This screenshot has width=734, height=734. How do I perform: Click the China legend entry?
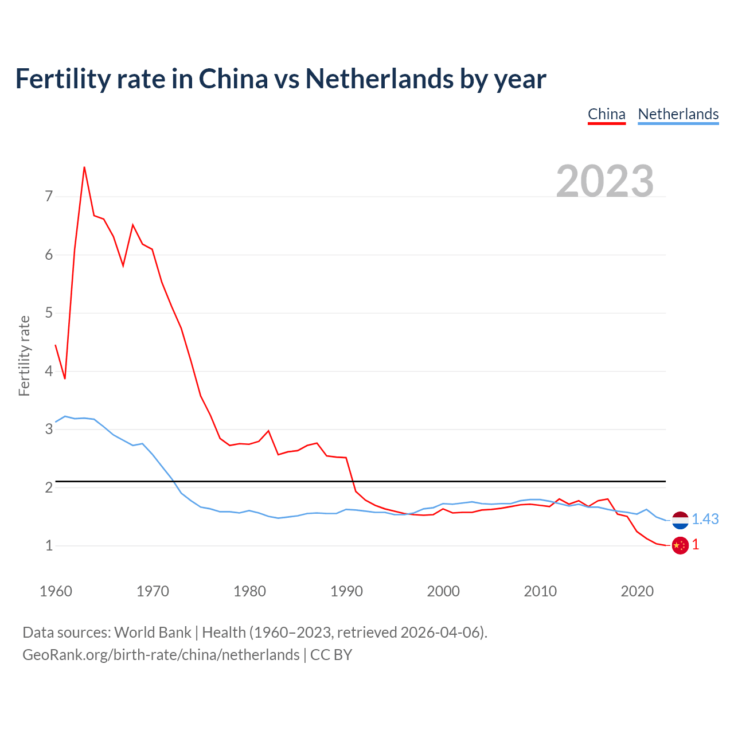coord(606,114)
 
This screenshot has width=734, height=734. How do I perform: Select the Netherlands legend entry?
coord(678,114)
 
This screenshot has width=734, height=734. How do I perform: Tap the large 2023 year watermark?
coord(604,181)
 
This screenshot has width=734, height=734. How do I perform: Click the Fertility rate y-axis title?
coord(24,356)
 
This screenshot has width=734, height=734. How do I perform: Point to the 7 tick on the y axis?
coord(49,197)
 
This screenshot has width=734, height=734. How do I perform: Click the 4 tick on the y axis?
coord(49,371)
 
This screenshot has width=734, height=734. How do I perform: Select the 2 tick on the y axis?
coord(49,487)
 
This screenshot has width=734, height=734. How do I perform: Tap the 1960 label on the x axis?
coord(56,591)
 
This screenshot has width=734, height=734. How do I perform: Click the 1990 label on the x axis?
coord(346,591)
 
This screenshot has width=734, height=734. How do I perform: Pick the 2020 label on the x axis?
coord(637,591)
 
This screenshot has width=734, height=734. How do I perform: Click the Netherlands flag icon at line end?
coord(680,520)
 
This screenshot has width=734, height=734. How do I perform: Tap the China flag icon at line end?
coord(680,545)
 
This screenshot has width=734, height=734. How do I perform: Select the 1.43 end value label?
coord(705,519)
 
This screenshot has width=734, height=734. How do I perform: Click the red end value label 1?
coord(696,545)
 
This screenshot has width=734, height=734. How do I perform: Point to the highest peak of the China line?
coord(84,167)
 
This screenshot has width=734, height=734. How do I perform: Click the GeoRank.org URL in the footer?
coord(161,655)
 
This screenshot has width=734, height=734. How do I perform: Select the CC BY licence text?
coord(331,655)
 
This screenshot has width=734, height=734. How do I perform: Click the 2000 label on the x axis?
coord(443,591)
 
